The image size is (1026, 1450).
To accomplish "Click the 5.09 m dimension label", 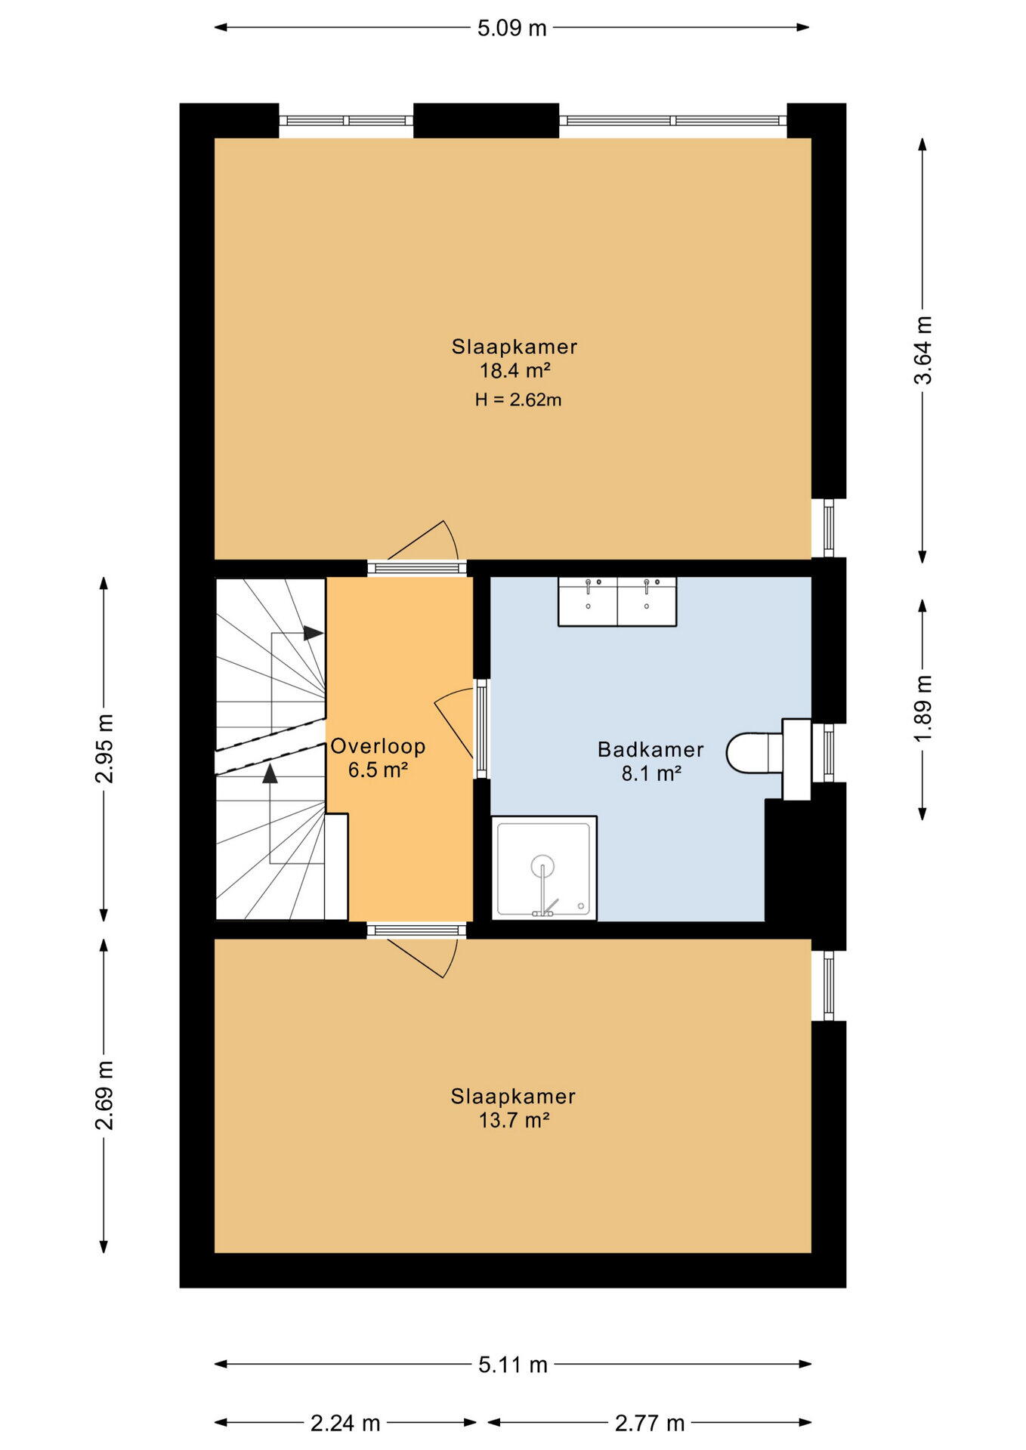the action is (x=511, y=28).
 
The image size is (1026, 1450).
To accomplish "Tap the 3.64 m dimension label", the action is (x=923, y=350).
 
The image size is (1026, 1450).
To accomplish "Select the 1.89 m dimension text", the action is (x=923, y=708).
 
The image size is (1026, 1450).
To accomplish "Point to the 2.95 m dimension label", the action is (x=104, y=748).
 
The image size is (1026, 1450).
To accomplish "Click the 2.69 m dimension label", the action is (x=104, y=1095).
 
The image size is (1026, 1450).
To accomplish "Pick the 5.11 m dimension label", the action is (x=513, y=1365).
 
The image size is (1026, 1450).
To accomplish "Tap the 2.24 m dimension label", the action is (x=345, y=1424).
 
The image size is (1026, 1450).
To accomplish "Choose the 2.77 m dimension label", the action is (x=650, y=1424).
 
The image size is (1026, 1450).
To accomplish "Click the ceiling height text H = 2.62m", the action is (x=518, y=400).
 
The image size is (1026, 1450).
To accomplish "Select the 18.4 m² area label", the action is (x=515, y=371).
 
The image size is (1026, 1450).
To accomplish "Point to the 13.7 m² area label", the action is (x=514, y=1120).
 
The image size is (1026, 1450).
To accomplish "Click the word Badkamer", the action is (x=651, y=749).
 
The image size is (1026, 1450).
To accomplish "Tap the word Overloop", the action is (x=378, y=746).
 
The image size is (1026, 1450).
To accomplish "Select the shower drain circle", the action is (x=542, y=866).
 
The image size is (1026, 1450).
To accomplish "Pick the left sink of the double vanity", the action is (x=588, y=601).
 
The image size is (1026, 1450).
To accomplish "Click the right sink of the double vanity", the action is (x=647, y=601).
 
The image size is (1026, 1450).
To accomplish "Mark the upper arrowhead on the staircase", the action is (x=314, y=633).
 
